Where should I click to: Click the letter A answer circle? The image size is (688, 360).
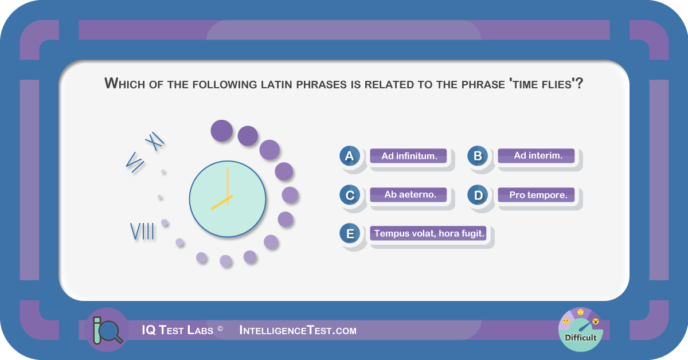(x=350, y=156)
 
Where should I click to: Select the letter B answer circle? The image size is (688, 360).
(x=478, y=156)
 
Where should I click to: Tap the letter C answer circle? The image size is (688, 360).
(x=350, y=195)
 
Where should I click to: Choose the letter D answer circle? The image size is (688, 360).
(x=478, y=195)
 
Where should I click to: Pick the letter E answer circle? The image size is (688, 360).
(x=350, y=233)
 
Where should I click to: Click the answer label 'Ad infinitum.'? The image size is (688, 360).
(x=408, y=156)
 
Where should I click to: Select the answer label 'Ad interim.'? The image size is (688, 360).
(x=536, y=156)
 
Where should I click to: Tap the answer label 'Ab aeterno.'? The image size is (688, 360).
(x=408, y=195)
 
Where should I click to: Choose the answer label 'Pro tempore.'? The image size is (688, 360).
(x=536, y=195)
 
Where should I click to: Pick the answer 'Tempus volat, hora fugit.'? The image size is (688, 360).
(x=428, y=233)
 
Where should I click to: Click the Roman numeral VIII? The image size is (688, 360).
(x=142, y=231)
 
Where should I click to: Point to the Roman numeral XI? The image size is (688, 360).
(x=154, y=141)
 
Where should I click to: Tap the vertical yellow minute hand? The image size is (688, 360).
(x=228, y=182)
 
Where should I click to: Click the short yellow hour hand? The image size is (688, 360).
(x=222, y=203)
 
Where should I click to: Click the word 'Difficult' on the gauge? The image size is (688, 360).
(x=580, y=338)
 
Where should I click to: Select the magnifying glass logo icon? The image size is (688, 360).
(x=107, y=330)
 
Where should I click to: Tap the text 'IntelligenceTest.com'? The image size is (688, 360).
(x=298, y=331)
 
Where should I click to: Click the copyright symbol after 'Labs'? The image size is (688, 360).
(x=220, y=328)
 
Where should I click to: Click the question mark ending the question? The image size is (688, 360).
(x=579, y=83)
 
